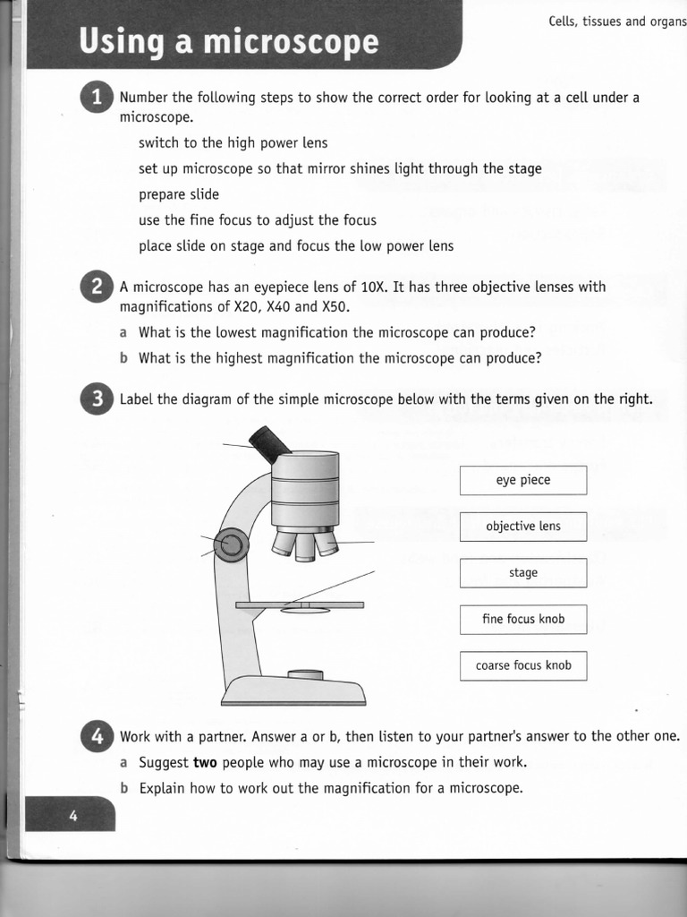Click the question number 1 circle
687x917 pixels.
click(98, 98)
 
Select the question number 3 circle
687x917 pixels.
click(98, 399)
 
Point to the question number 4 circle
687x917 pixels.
click(98, 737)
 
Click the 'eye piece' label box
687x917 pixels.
click(523, 480)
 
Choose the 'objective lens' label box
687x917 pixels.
click(523, 527)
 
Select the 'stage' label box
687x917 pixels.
click(523, 573)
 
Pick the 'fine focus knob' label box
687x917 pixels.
click(523, 619)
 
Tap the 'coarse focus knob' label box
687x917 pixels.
click(523, 665)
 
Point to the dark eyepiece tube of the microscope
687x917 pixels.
click(270, 443)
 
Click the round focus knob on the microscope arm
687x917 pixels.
click(231, 544)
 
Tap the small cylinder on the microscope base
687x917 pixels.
click(305, 674)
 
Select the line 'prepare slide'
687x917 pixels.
click(179, 194)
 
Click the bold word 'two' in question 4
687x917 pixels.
click(206, 763)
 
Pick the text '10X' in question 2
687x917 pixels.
click(373, 287)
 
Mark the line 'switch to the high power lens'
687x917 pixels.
click(233, 142)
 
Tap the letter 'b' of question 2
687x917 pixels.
click(123, 358)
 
